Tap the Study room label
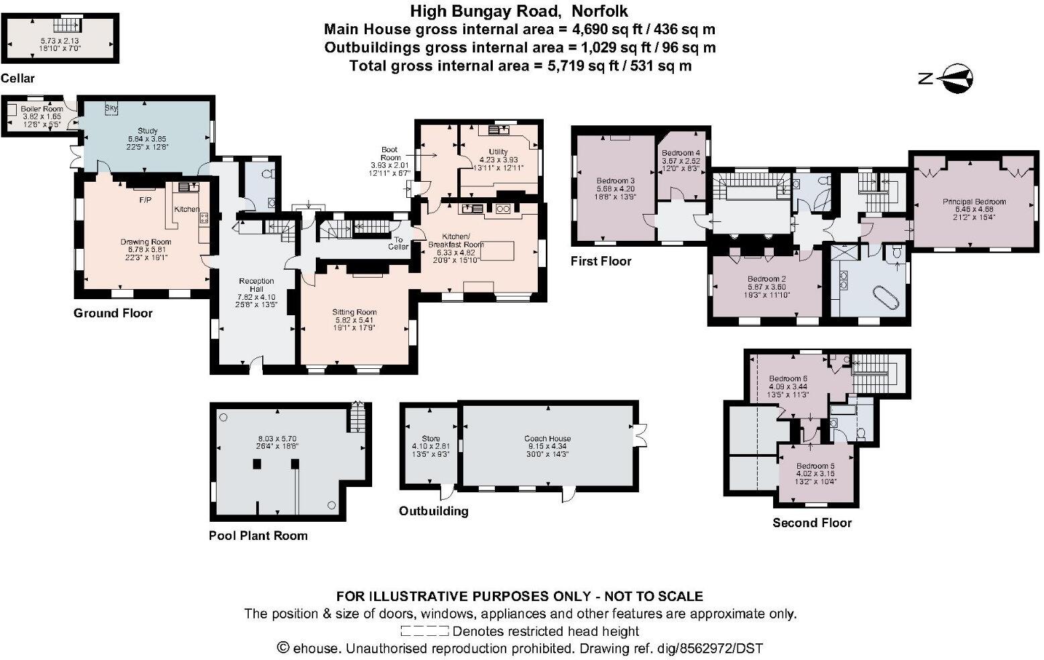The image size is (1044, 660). [147, 131]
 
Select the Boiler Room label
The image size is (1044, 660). [42, 109]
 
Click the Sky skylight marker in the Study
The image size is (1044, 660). [111, 108]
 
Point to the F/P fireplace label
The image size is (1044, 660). [145, 200]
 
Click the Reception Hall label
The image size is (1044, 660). [256, 285]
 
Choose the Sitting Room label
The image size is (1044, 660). [354, 312]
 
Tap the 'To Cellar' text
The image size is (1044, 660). [398, 243]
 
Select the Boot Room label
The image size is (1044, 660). [390, 154]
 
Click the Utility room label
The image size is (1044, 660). [498, 152]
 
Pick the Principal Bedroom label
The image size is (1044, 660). [974, 201]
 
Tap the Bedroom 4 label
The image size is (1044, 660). [681, 153]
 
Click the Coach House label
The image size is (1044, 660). [547, 439]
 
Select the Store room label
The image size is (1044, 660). [430, 439]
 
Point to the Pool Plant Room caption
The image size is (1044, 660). [258, 535]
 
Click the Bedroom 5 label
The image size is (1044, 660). [815, 466]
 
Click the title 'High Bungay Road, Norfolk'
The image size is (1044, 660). [519, 11]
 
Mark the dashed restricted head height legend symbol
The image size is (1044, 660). [424, 631]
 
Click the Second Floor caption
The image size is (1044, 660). [811, 522]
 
